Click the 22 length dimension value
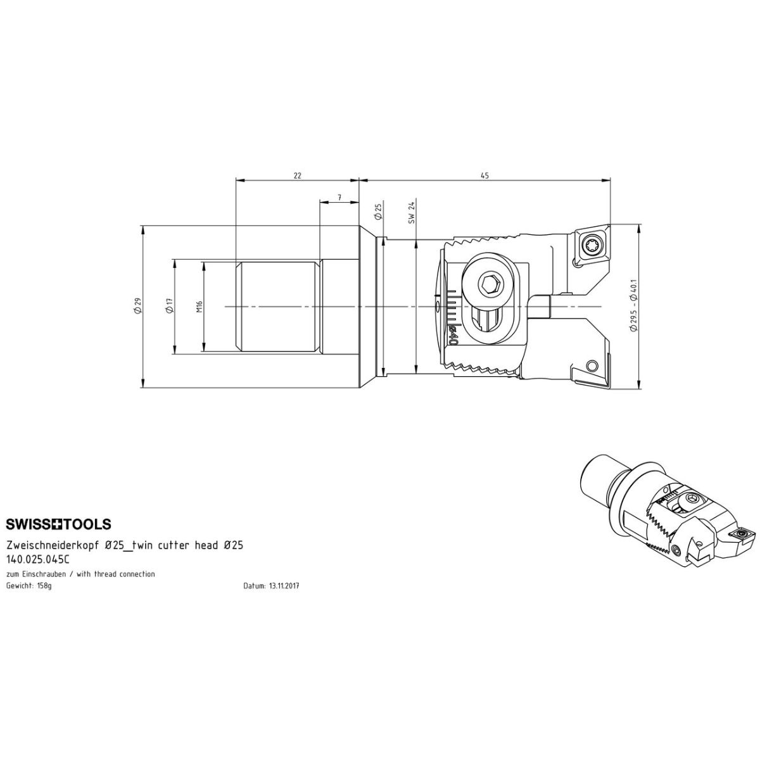298,175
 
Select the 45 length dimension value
484,175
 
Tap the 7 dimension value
339,197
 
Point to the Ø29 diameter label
137,306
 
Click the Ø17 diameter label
170,306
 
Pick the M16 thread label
199,307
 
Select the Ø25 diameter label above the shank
378,212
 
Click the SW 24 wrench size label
412,213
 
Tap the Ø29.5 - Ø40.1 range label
634,306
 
